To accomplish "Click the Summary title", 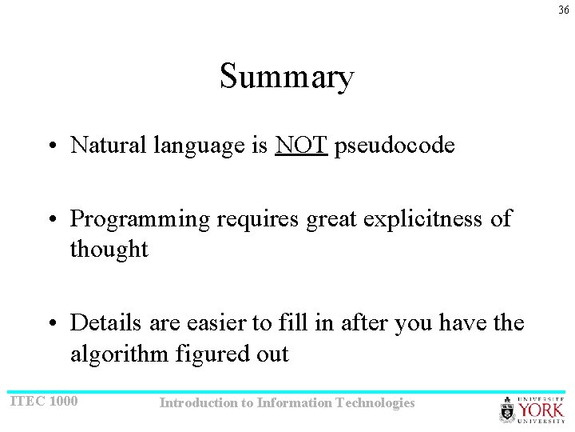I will [287, 78].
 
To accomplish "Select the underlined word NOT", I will [301, 145].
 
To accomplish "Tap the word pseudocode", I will [395, 146].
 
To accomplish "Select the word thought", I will [109, 250].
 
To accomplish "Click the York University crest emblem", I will [508, 410].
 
